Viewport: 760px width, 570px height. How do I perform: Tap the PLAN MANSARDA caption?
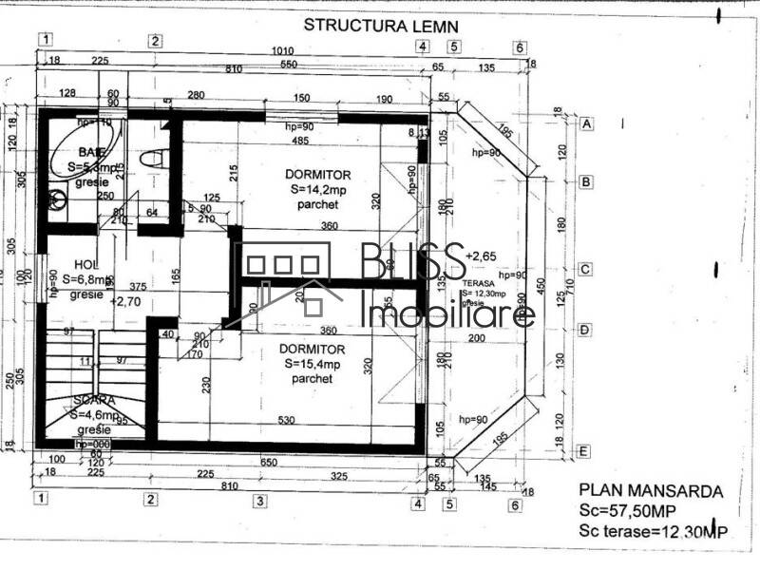click(x=651, y=491)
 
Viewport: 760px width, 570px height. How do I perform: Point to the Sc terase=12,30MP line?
click(x=653, y=534)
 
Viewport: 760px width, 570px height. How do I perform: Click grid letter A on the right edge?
click(x=586, y=124)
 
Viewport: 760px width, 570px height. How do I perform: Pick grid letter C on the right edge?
click(x=586, y=269)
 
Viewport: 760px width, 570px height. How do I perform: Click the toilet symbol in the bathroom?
click(x=149, y=159)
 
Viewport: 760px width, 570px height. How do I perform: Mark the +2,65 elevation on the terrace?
click(x=482, y=256)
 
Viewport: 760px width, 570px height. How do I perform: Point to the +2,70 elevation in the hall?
click(x=126, y=301)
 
